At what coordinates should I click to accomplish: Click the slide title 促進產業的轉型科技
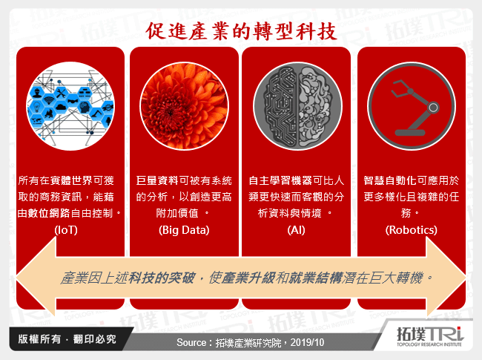point(242,31)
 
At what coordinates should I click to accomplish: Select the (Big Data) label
point(184,230)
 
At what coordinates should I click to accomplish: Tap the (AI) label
point(296,230)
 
